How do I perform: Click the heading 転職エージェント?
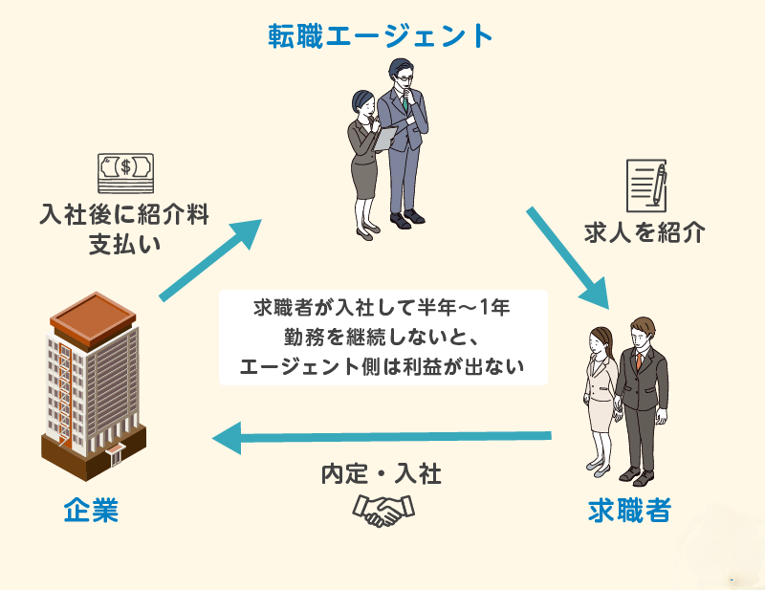(382, 35)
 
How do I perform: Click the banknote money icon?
(124, 173)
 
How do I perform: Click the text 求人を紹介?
(645, 231)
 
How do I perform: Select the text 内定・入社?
(381, 473)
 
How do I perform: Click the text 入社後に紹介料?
(124, 212)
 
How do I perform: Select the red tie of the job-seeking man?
(638, 361)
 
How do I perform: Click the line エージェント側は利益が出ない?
(382, 366)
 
